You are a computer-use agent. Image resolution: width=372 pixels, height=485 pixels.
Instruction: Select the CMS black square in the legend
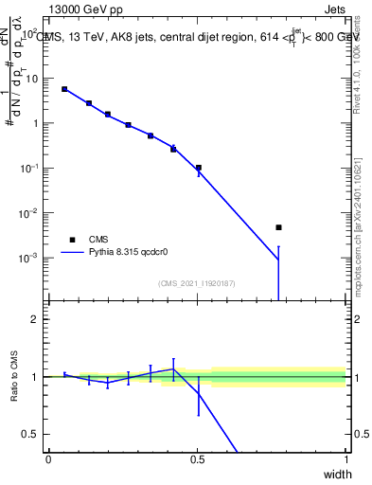[72, 240]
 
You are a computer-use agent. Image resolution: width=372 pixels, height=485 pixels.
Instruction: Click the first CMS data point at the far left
[64, 89]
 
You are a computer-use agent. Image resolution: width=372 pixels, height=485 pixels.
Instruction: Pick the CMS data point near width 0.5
[199, 168]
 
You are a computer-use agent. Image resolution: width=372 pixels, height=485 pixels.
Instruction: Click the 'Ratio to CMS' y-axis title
[13, 377]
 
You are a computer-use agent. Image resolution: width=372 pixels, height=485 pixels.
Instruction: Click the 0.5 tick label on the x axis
[197, 459]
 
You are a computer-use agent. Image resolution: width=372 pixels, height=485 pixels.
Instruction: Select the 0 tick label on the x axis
[49, 459]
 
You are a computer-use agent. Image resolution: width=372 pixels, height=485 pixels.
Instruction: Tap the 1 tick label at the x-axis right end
[345, 459]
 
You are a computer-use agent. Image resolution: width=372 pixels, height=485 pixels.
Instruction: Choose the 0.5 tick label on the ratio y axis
[31, 434]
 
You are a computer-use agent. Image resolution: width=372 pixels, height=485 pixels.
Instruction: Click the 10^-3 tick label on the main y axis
[29, 258]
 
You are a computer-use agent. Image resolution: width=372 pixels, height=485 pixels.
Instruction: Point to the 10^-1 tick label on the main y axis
[29, 168]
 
